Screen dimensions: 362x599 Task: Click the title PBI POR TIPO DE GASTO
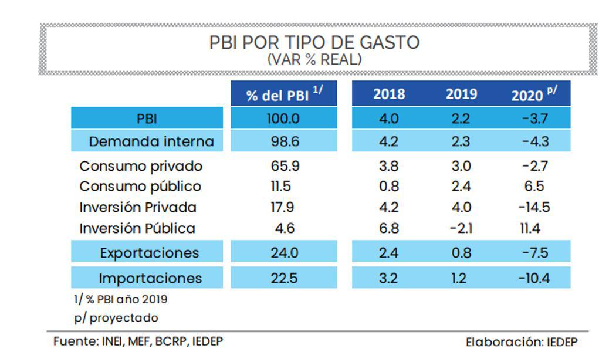pyautogui.click(x=314, y=43)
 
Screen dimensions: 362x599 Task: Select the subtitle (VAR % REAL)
pyautogui.click(x=314, y=59)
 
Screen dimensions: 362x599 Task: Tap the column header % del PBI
pyautogui.click(x=284, y=94)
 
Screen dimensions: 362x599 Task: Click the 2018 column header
pyautogui.click(x=389, y=94)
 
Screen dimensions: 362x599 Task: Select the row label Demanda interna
pyautogui.click(x=151, y=141)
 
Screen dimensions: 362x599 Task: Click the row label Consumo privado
pyautogui.click(x=141, y=166)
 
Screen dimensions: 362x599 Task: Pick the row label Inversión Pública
pyautogui.click(x=137, y=228)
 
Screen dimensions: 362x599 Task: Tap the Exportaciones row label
pyautogui.click(x=149, y=253)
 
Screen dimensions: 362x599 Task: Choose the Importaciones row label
pyautogui.click(x=150, y=278)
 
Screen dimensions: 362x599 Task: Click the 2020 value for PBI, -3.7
pyautogui.click(x=534, y=119)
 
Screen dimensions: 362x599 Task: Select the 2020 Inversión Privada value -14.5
pyautogui.click(x=534, y=207)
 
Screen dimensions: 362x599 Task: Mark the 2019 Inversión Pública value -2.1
pyautogui.click(x=461, y=228)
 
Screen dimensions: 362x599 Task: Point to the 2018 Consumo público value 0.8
pyautogui.click(x=389, y=187)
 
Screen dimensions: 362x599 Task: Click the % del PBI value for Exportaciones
pyautogui.click(x=284, y=253)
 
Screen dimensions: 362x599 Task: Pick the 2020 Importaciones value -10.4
pyautogui.click(x=534, y=278)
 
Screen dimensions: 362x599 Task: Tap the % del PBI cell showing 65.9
pyautogui.click(x=284, y=166)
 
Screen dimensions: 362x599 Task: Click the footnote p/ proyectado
pyautogui.click(x=116, y=318)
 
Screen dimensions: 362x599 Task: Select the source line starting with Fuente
pyautogui.click(x=138, y=341)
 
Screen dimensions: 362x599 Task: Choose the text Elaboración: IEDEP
pyautogui.click(x=522, y=341)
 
